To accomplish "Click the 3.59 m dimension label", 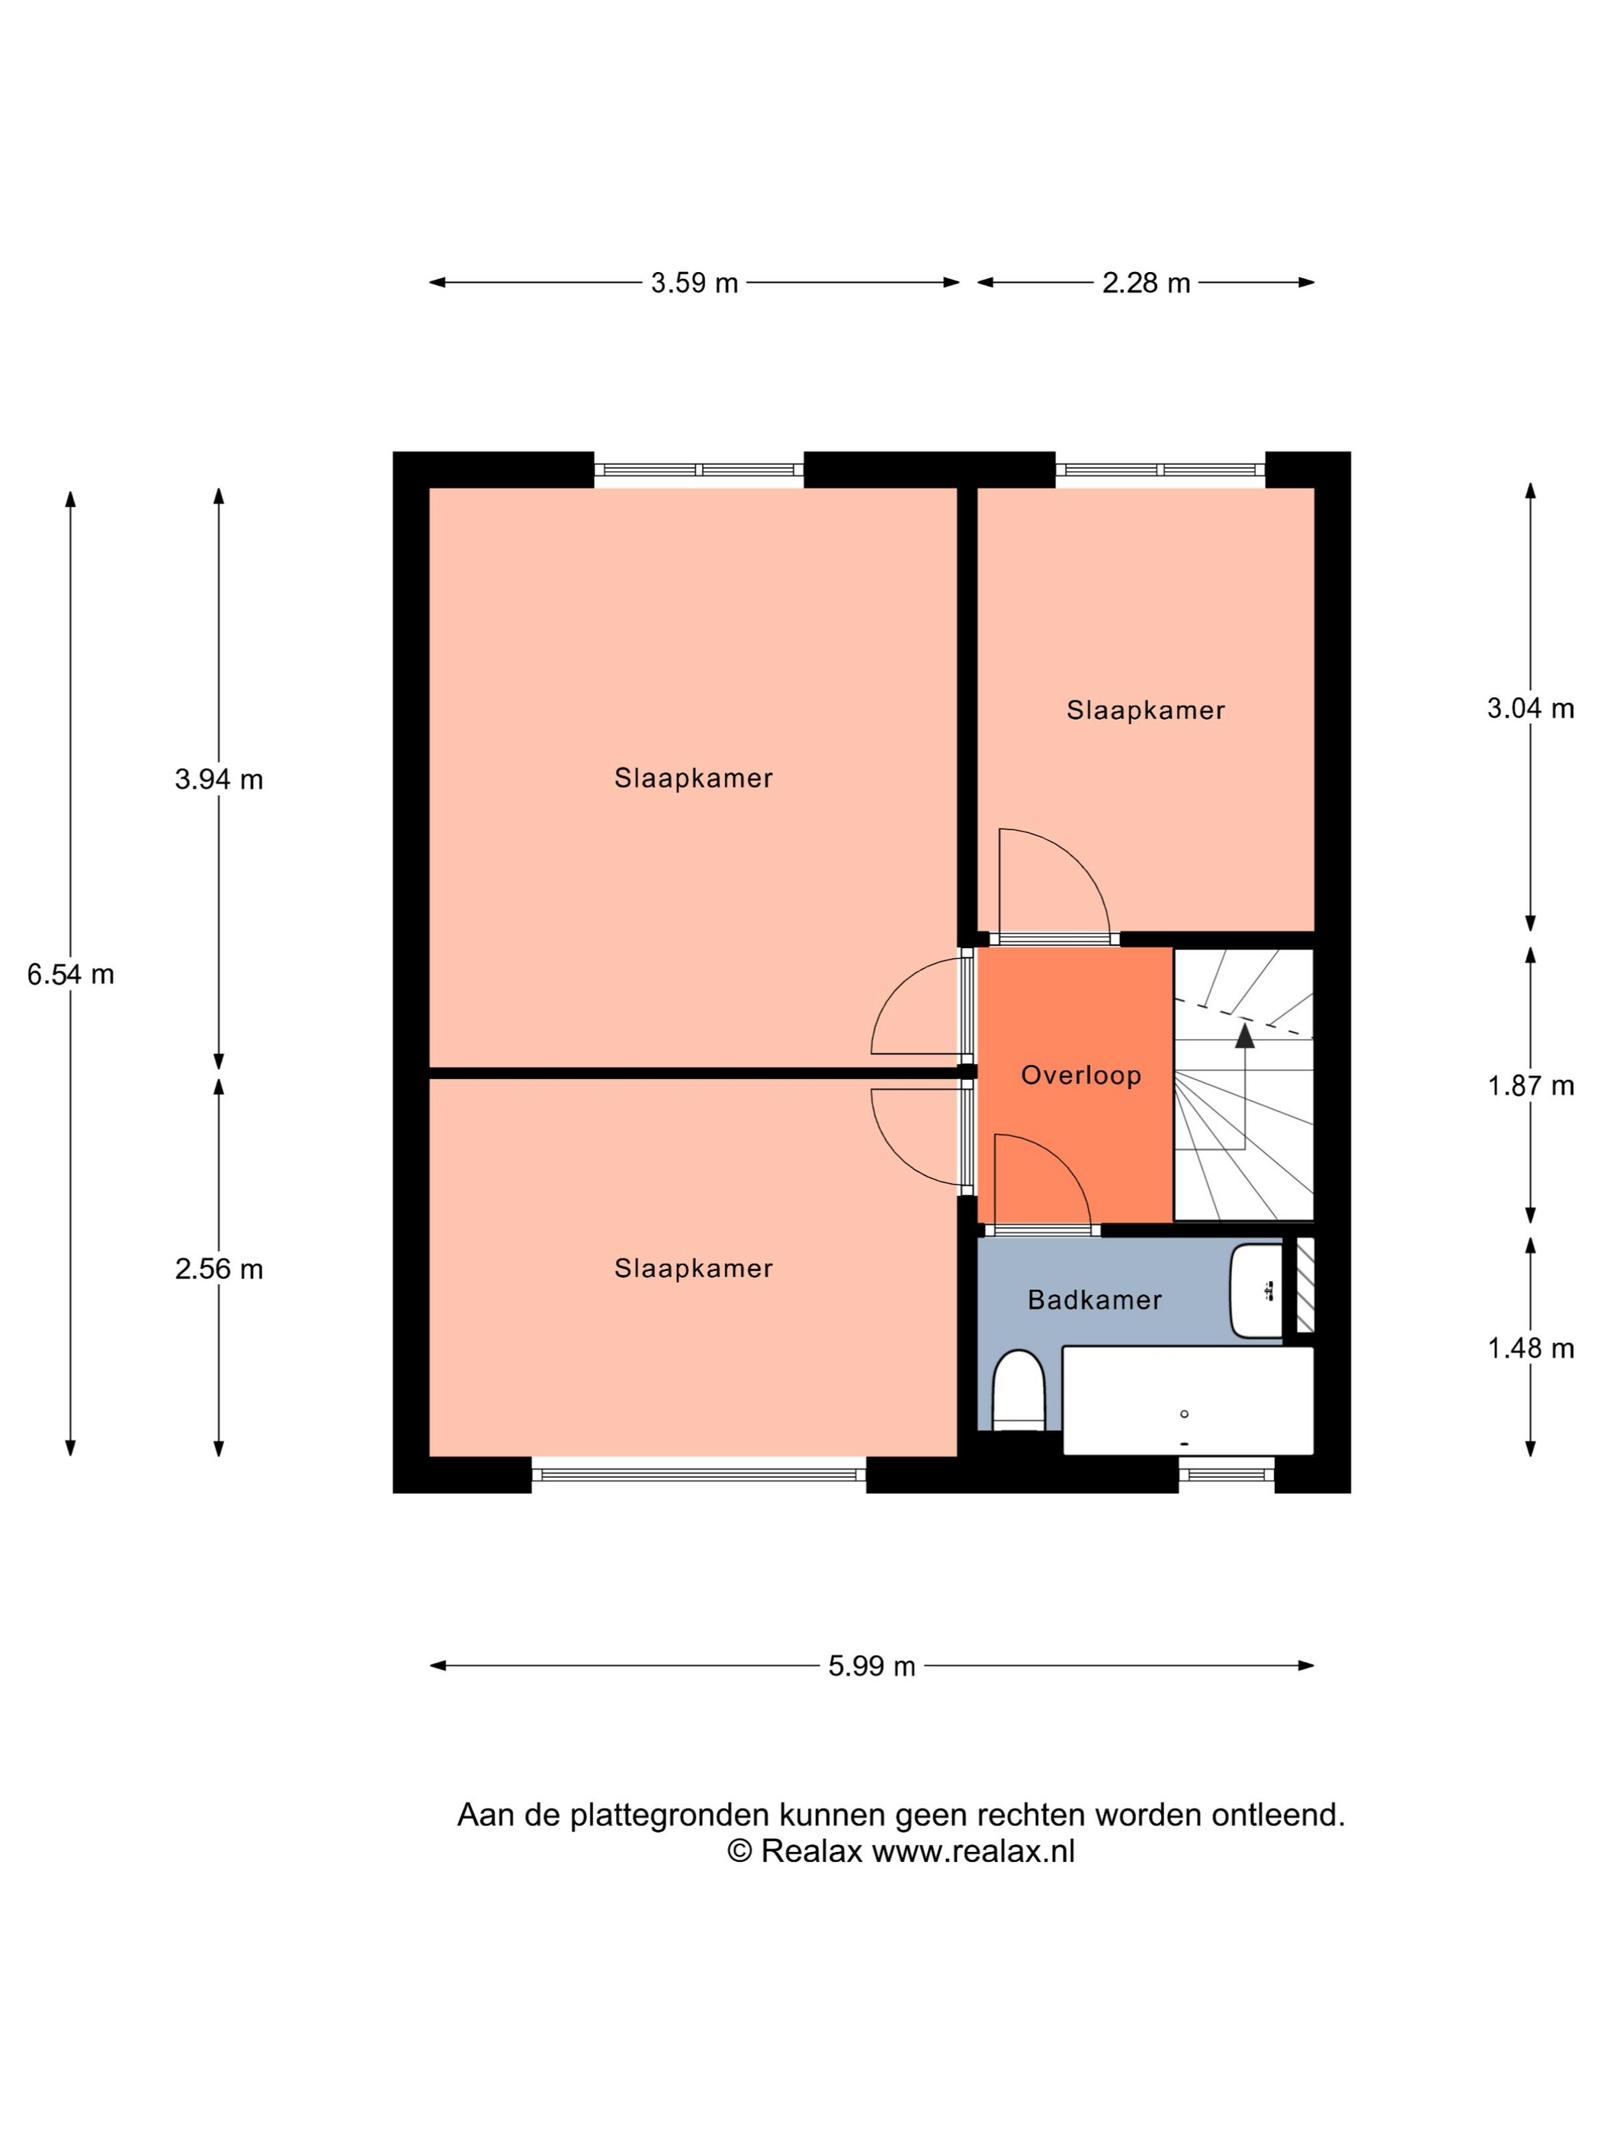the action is tap(694, 283).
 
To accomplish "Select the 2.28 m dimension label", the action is tap(1146, 283).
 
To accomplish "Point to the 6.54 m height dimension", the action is tap(70, 974).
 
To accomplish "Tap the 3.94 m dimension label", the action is tap(219, 779).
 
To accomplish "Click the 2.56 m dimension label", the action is tap(219, 1269).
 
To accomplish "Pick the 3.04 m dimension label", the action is tap(1531, 708).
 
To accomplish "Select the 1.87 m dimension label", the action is tap(1531, 1085).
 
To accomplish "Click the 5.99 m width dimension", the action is tap(871, 1666).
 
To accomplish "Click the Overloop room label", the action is tap(1081, 1075).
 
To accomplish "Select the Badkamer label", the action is tap(1094, 1299).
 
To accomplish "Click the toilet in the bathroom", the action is tap(1019, 1390).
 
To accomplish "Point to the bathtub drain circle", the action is tap(1184, 1415).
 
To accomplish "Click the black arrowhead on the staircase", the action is tap(1245, 1035).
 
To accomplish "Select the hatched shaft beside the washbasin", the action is tap(1304, 1285).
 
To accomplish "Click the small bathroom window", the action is tap(1227, 1474).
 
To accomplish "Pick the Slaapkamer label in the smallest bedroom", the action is tap(1146, 710).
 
